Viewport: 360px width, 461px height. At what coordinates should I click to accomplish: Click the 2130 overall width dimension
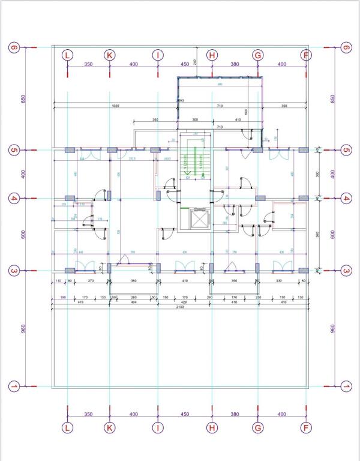[x=180, y=307]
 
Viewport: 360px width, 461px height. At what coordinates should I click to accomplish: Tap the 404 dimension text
[x=134, y=302]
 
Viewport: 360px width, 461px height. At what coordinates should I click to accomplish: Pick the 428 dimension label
[x=184, y=302]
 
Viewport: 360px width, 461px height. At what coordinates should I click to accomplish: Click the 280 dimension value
[x=134, y=297]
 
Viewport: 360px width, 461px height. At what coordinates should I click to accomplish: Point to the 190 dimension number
[x=63, y=297]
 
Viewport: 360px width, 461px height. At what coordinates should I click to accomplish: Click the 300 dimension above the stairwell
[x=194, y=120]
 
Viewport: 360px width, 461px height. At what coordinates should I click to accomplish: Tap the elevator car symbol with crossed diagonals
[x=197, y=220]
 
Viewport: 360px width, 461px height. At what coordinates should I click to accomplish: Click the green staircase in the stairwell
[x=194, y=160]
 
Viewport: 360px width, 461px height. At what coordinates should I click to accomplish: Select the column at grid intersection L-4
[x=70, y=198]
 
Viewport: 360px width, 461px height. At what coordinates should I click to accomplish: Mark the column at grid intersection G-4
[x=260, y=197]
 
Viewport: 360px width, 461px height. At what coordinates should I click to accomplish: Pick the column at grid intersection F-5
[x=304, y=150]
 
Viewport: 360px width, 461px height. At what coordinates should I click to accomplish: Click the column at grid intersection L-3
[x=70, y=271]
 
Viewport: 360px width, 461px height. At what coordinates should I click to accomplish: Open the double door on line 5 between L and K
[x=90, y=155]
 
